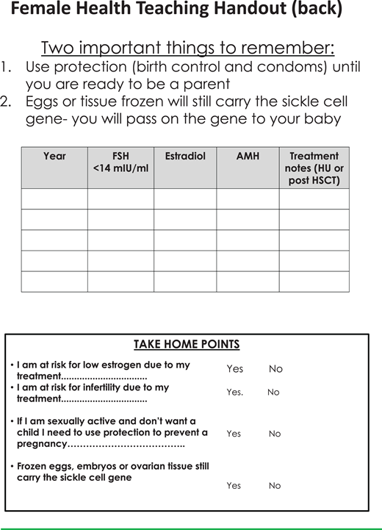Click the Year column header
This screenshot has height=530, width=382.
coord(54,156)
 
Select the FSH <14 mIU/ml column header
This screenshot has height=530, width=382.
coord(120,162)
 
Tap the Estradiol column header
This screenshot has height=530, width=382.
coord(185,156)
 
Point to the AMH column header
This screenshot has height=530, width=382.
coord(248,156)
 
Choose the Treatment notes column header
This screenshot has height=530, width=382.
coord(314,168)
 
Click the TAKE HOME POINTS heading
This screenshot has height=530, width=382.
coord(186,344)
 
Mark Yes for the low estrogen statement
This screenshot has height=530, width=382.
coord(234,368)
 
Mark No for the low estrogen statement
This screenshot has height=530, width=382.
coord(275,368)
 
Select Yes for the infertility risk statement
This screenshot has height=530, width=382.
coord(234,392)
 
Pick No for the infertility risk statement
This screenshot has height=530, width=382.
coord(273,392)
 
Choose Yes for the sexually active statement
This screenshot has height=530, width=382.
coord(234,434)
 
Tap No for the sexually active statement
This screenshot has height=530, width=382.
coord(275,434)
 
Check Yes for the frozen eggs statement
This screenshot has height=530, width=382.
coord(234,485)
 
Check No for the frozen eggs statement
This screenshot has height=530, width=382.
coord(275,485)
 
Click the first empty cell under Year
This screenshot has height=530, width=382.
coord(54,198)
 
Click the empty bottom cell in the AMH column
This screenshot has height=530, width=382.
coord(248,282)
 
